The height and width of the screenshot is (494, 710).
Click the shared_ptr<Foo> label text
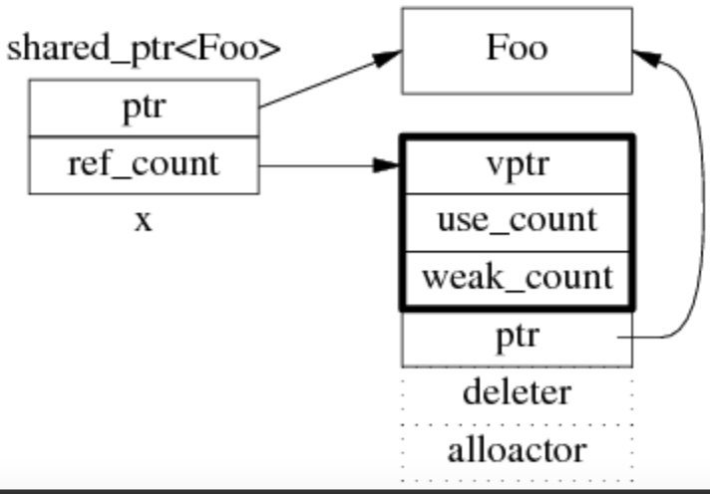tap(144, 49)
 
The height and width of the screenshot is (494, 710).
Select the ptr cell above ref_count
tap(144, 109)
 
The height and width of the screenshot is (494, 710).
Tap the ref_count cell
tap(144, 164)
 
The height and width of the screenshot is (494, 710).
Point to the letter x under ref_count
tap(144, 220)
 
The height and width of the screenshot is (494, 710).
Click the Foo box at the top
tap(517, 50)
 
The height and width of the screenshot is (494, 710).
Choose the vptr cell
tap(517, 165)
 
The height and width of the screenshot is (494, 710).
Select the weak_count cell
tap(517, 278)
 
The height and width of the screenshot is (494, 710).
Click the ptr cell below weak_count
tap(517, 338)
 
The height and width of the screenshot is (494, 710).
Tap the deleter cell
tap(517, 392)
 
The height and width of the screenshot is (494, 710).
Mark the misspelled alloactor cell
tap(517, 451)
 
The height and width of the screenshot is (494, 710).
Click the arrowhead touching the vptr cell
tap(389, 165)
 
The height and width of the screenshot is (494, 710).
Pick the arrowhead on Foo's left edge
tap(390, 57)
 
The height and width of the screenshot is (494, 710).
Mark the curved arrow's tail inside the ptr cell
tap(623, 339)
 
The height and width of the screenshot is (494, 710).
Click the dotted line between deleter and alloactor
tap(517, 422)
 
